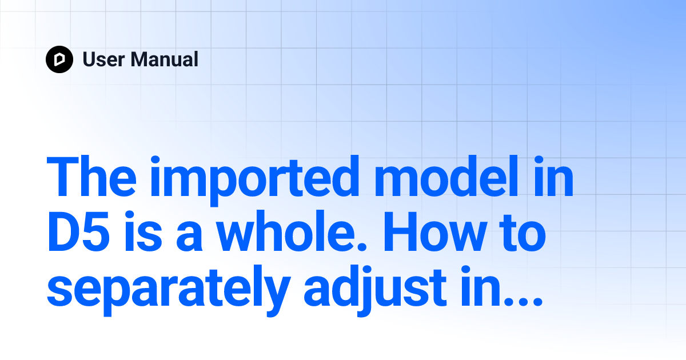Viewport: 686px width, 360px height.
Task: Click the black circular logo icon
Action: (59, 59)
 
